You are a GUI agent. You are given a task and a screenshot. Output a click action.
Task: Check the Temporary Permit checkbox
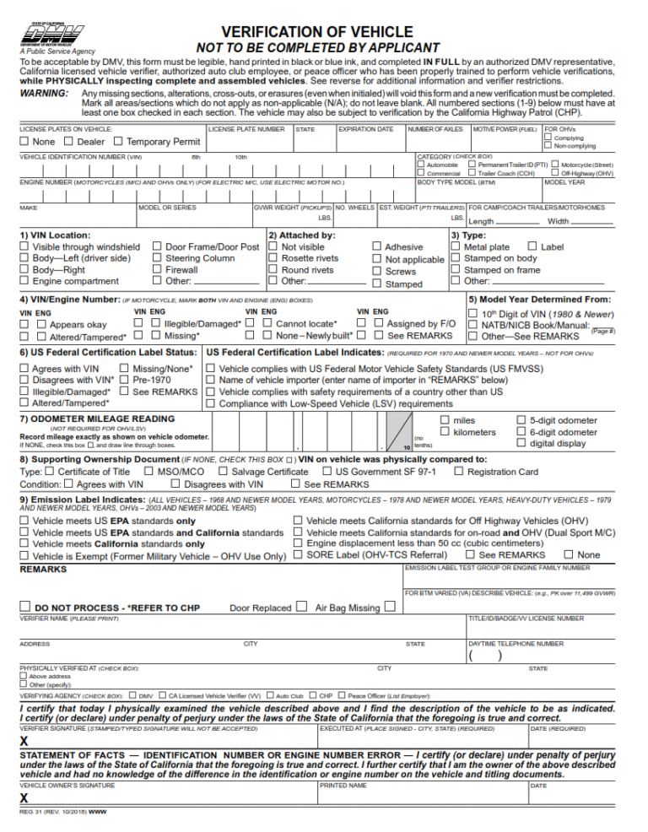click(118, 142)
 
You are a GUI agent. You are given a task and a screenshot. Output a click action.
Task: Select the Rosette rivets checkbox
click(273, 258)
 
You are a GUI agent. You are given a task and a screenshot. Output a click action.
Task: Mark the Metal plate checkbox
click(456, 246)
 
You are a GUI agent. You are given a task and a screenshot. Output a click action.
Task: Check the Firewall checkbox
click(157, 270)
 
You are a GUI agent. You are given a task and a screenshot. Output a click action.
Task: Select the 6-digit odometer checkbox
click(521, 432)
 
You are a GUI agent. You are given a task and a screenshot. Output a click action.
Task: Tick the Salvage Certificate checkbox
click(224, 472)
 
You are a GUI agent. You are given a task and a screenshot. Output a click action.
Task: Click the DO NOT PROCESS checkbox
click(27, 607)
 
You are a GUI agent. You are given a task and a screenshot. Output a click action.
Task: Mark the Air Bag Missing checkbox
click(390, 606)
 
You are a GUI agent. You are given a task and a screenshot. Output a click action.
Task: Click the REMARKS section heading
click(44, 570)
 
